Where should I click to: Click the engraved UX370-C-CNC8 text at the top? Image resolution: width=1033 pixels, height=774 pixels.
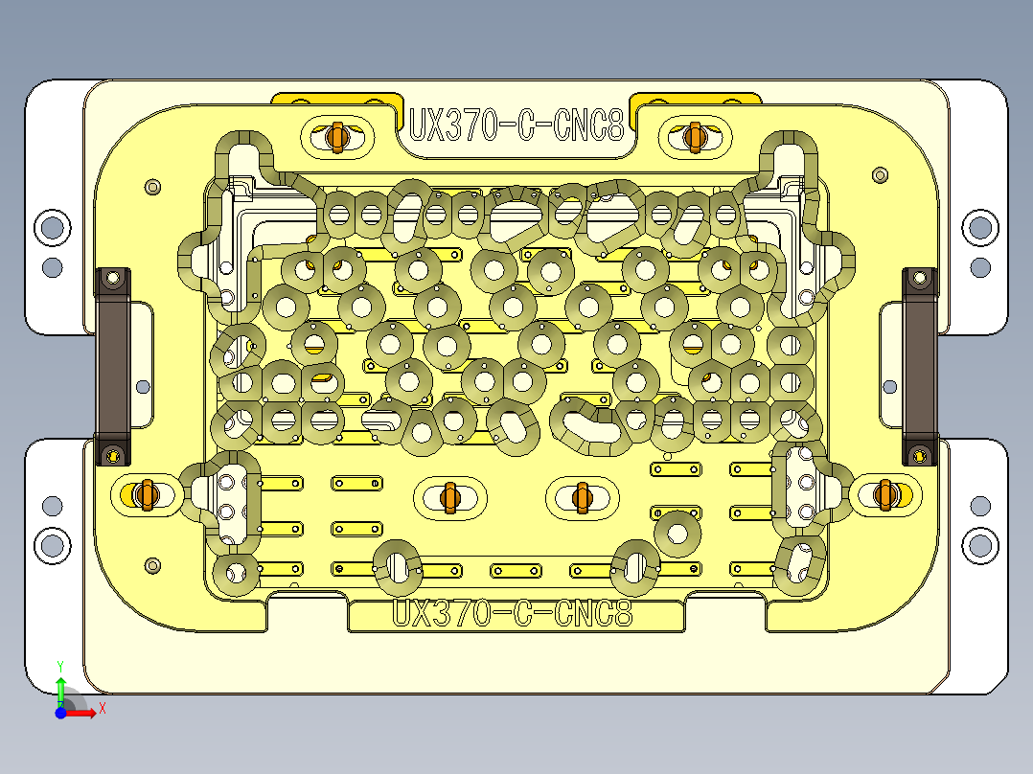516,125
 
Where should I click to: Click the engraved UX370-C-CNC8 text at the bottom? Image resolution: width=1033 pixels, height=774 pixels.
514,613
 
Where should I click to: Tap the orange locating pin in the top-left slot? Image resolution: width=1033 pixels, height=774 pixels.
335,137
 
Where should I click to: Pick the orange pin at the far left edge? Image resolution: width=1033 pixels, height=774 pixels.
146,494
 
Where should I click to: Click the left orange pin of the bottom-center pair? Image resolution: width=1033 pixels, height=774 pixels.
449,497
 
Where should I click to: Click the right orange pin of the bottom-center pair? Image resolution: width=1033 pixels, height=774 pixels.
581,497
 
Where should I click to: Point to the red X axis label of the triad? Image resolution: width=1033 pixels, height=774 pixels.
102,708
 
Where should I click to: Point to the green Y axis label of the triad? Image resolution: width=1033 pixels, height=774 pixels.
59,664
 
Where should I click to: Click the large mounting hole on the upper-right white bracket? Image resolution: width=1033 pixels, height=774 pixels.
979,228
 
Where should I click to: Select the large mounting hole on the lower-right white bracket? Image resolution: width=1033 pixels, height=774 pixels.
979,545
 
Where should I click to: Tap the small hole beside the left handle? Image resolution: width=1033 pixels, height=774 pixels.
143,386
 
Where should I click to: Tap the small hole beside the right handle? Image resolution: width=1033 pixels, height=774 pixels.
889,386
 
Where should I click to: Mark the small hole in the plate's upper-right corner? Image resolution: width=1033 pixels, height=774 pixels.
881,175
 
